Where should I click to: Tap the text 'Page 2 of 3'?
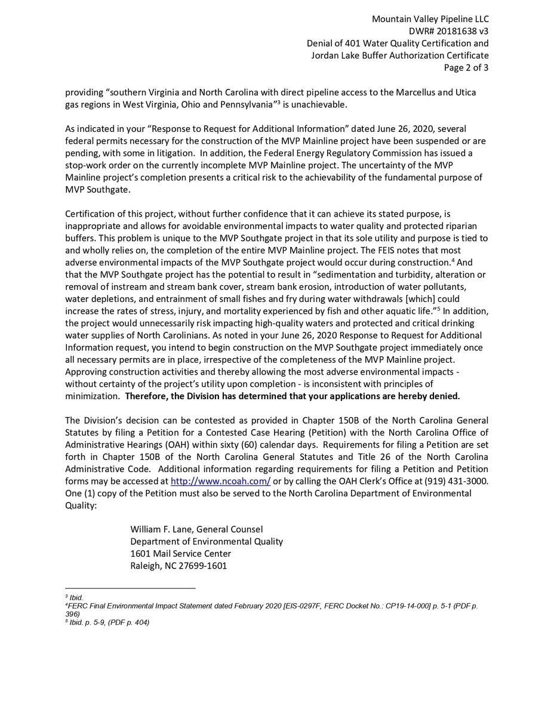[466, 67]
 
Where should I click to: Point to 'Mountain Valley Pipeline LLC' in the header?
[430, 19]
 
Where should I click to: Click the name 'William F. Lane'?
[161, 529]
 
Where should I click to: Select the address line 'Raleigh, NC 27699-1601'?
[178, 566]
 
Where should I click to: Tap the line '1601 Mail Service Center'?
[180, 554]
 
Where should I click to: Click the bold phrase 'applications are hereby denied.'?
[393, 396]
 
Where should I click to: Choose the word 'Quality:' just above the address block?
[81, 505]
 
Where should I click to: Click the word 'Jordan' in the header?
[324, 55]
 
